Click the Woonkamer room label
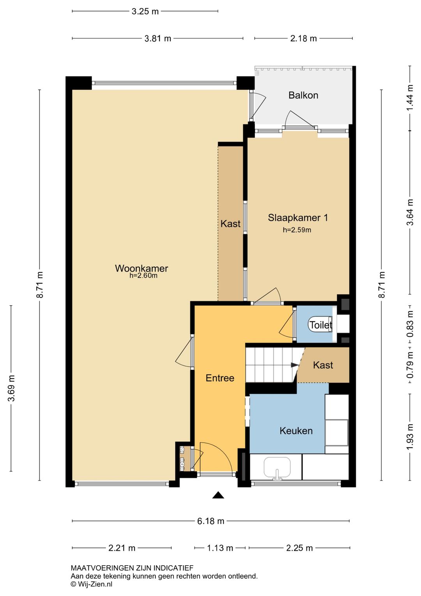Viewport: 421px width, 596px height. pos(142,268)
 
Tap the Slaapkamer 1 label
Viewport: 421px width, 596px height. pos(298,218)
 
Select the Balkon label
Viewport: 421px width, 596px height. pos(303,95)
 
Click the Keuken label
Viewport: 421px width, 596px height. pos(296,431)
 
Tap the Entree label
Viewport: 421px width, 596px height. pos(220,378)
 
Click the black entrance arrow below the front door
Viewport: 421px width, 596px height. pos(218,495)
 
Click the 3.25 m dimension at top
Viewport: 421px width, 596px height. pos(145,11)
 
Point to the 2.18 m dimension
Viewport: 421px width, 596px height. pos(304,39)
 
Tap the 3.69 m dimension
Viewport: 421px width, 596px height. pos(11,388)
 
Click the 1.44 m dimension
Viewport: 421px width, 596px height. pos(410,98)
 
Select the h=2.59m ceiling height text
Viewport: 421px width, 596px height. pos(297,230)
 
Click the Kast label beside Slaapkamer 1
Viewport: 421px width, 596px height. pos(230,224)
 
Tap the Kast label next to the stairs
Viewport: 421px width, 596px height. pos(323,365)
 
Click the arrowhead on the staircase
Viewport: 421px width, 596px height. pos(294,365)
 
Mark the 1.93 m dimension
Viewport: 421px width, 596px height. pos(410,437)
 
